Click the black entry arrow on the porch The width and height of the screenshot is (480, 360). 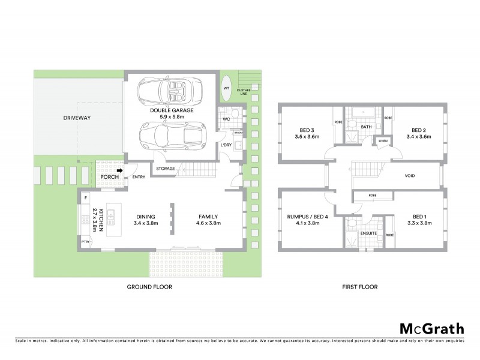(119, 170)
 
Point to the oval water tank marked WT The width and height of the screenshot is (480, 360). (226, 88)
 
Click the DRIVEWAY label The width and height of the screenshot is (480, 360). (77, 118)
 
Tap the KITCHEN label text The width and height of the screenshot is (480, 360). (102, 220)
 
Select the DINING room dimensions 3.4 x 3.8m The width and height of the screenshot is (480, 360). (146, 223)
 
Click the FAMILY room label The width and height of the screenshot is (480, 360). (208, 217)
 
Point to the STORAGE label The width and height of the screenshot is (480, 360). (166, 169)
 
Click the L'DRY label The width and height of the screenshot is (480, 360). (226, 145)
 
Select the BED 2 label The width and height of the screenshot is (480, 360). (419, 130)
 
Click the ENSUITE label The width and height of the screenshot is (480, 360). (368, 233)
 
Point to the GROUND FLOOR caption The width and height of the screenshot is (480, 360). (149, 287)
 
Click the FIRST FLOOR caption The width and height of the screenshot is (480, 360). (360, 287)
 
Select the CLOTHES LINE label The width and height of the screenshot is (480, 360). (243, 91)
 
